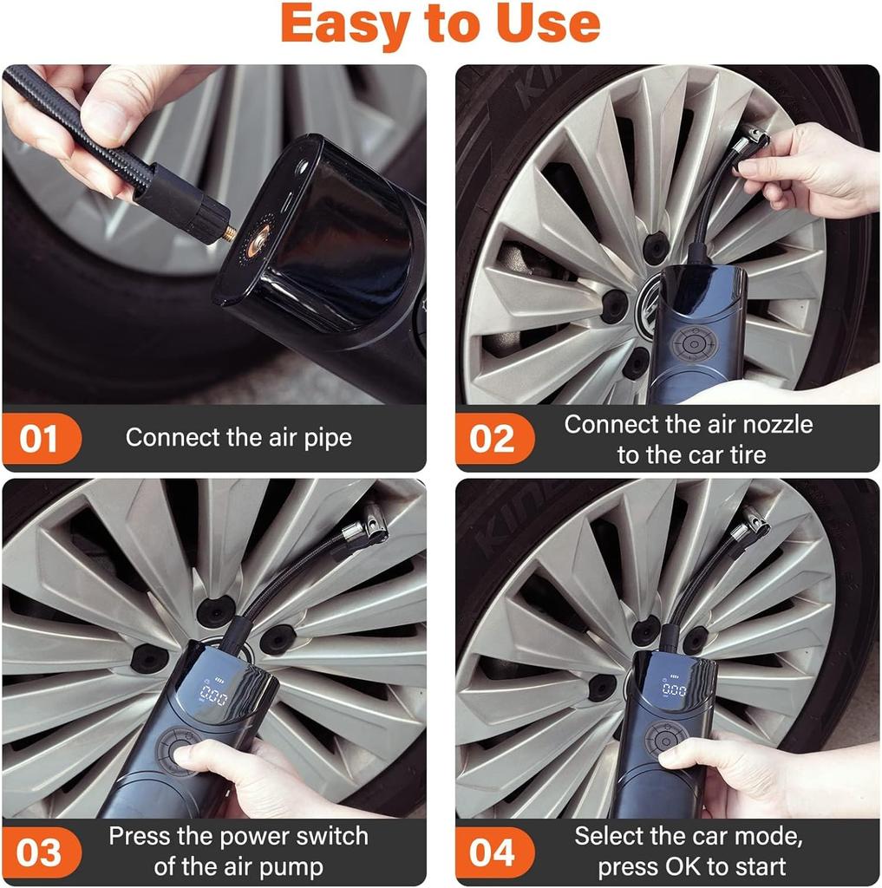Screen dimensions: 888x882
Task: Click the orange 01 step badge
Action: pos(39,439)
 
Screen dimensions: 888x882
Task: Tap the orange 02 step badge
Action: pos(492,439)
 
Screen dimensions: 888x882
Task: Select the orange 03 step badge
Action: pos(39,852)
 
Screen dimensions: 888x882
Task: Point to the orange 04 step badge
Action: pos(492,852)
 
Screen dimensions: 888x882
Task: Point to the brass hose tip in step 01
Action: pos(231,232)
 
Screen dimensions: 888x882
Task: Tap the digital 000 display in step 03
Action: pos(213,695)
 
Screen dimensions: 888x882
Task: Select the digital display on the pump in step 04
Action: pos(674,689)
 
